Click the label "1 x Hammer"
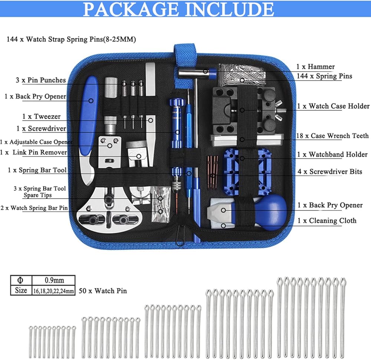[x=315, y=67]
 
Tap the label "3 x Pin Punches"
[x=40, y=80]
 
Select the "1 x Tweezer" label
[x=41, y=116]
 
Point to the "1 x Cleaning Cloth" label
[x=327, y=221]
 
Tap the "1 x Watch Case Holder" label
[x=333, y=106]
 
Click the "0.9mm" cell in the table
[x=53, y=280]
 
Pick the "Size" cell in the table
[x=21, y=290]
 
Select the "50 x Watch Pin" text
[x=103, y=291]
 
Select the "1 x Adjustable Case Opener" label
[x=36, y=142]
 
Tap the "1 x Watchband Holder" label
[x=332, y=154]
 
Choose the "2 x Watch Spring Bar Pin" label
[x=34, y=208]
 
